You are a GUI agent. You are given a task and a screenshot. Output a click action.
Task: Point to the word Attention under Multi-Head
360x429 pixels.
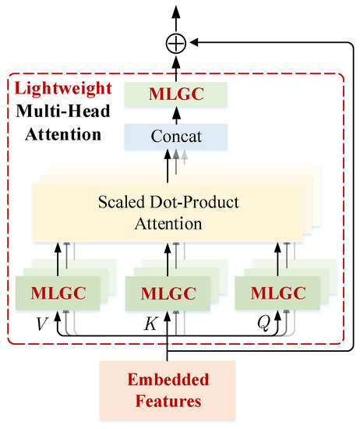click(63, 133)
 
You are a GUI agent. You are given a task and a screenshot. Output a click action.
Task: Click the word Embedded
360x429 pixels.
click(168, 381)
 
